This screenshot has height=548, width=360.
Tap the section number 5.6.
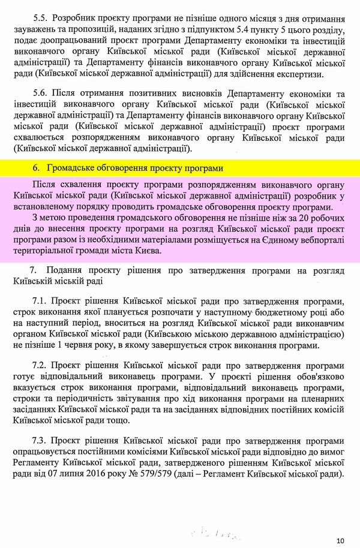click(41, 95)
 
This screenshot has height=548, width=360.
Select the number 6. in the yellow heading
click(35, 167)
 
